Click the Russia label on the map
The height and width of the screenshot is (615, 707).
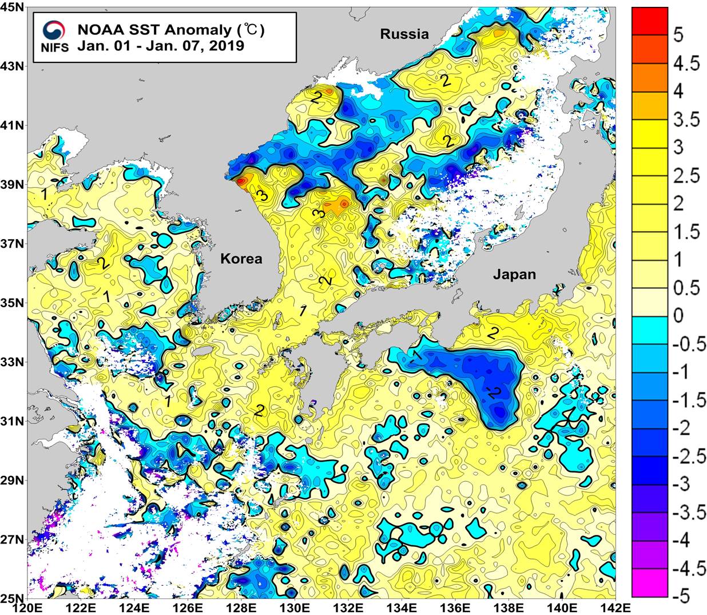[404, 34]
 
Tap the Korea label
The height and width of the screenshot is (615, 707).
[241, 259]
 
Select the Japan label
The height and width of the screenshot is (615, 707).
[515, 275]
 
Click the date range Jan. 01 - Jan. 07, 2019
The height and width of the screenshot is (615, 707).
[161, 46]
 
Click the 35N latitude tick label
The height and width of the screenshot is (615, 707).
[13, 303]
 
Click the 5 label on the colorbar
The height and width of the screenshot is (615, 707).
[678, 35]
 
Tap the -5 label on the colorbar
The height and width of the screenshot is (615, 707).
[682, 596]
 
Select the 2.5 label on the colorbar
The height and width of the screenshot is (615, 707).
[685, 175]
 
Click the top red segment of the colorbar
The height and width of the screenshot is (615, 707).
[650, 21]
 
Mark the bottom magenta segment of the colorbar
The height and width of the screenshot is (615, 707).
[650, 583]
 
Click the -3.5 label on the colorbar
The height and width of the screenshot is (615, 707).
[689, 512]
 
